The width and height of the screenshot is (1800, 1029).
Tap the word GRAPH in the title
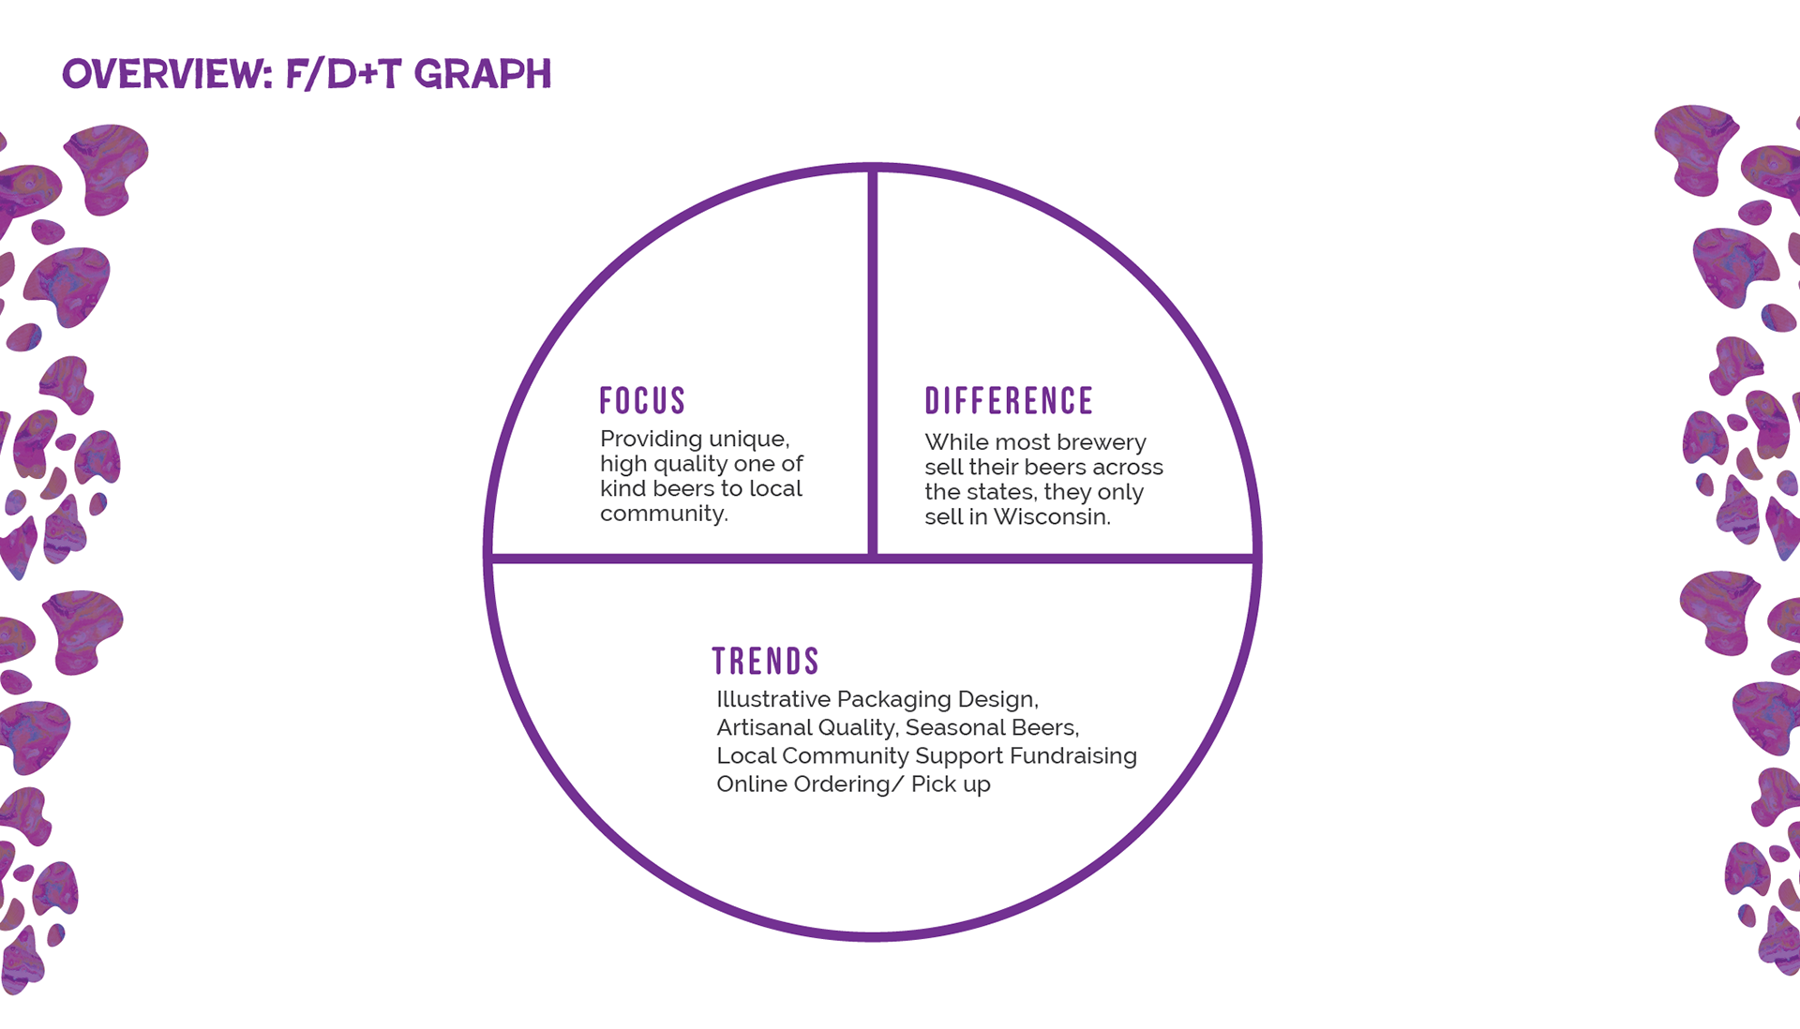(x=483, y=74)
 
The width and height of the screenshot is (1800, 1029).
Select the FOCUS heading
(x=642, y=401)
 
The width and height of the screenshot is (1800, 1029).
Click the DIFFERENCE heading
(x=1009, y=401)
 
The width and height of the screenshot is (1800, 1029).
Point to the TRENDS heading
(x=765, y=662)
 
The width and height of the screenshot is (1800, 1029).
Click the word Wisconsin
(x=1051, y=516)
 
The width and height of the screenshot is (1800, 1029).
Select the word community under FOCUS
(x=663, y=514)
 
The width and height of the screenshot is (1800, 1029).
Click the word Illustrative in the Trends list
(x=773, y=699)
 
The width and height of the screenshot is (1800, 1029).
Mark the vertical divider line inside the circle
(x=872, y=365)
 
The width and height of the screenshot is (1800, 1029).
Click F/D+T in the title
(x=343, y=74)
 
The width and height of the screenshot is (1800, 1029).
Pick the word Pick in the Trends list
(x=934, y=784)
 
